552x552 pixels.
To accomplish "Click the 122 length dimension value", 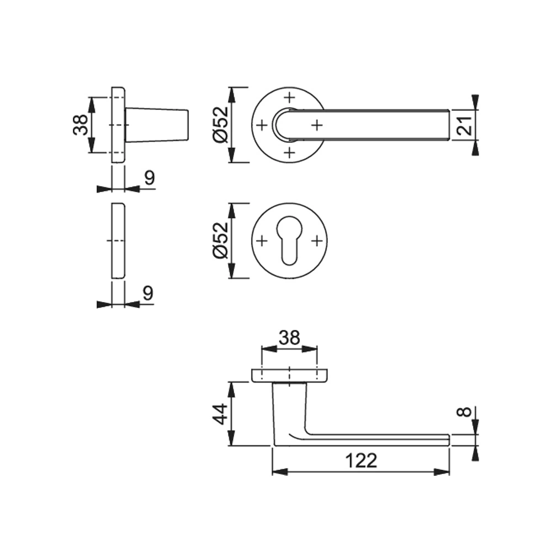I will [361, 460].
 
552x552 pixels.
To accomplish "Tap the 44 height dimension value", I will [219, 414].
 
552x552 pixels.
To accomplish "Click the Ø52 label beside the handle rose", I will [220, 125].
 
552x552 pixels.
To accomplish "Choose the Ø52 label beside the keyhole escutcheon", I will [220, 241].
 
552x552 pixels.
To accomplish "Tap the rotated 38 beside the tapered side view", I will [81, 125].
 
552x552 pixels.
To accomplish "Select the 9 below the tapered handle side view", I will [148, 178].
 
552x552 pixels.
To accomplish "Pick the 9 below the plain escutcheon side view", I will [147, 293].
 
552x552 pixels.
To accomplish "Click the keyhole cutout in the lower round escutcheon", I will [289, 243].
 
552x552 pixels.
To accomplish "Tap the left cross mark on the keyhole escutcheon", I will [262, 241].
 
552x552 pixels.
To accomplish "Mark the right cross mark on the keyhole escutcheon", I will [316, 241].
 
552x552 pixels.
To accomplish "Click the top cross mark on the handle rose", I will [289, 98].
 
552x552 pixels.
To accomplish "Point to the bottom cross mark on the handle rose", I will [289, 152].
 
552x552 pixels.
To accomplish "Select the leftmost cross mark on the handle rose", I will [262, 125].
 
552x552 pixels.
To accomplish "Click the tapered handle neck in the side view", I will [157, 125].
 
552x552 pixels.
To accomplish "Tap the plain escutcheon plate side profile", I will [118, 241].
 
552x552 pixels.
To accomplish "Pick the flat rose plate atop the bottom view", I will [290, 375].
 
